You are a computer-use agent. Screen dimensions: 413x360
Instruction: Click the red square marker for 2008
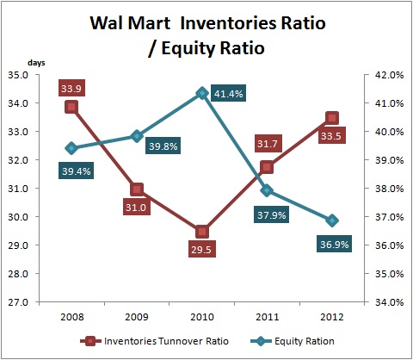[x=71, y=107]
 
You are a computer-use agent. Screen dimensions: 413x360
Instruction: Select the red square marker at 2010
[x=202, y=232]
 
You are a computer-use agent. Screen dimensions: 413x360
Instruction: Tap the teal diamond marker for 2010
[x=202, y=93]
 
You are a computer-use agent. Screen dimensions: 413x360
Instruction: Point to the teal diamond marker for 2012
[x=332, y=220]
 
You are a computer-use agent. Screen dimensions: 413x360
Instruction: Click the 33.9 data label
[x=71, y=88]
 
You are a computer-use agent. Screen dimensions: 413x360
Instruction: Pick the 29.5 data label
[x=202, y=249]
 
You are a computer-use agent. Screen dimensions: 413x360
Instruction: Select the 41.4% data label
[x=229, y=93]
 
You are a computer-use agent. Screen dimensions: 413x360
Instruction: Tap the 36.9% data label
[x=335, y=245]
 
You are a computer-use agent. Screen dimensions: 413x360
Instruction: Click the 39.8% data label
[x=163, y=146]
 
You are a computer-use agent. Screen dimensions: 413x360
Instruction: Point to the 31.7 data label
[x=268, y=143]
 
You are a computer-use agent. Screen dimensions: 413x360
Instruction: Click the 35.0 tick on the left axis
[x=18, y=75]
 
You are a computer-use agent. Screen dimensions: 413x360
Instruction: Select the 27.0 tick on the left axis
[x=18, y=302]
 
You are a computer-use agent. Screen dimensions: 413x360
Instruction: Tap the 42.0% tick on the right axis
[x=389, y=75]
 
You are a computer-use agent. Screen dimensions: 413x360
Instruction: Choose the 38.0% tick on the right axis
[x=389, y=189]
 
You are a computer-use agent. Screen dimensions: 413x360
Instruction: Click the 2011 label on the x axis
[x=268, y=317]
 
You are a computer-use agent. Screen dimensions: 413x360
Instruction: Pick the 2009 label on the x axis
[x=137, y=317]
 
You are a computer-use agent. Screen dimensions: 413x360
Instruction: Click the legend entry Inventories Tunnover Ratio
[x=155, y=341]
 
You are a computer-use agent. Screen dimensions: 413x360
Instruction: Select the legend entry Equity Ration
[x=293, y=341]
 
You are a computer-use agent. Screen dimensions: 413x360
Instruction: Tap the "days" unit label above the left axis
[x=36, y=63]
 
